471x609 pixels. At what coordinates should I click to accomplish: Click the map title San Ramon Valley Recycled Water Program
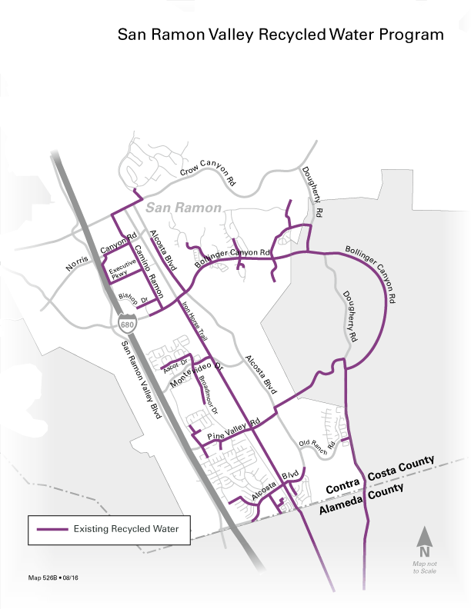pos(280,35)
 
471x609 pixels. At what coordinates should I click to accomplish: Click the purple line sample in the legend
pos(51,529)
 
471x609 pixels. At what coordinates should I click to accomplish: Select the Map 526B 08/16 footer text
pos(53,577)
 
